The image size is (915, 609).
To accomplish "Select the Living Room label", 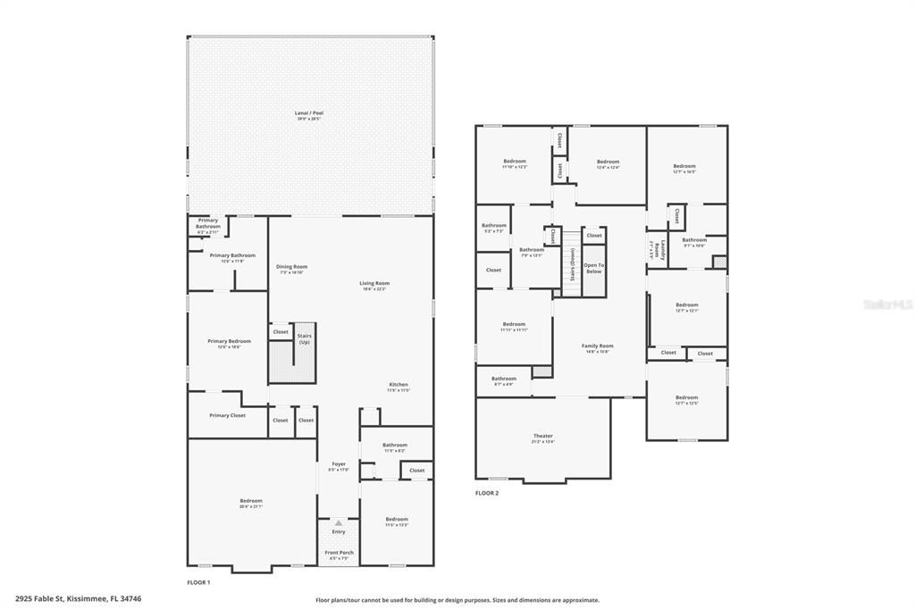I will point(375,285).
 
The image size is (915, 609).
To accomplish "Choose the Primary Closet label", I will point(227,415).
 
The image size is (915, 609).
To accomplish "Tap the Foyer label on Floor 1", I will point(339,465).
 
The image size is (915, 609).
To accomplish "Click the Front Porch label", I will point(339,554).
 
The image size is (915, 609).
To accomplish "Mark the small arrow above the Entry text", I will point(339,522).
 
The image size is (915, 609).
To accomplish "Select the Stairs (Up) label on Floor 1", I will point(305,338).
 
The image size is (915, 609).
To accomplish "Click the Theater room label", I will point(542,438).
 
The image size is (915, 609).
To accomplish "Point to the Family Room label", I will point(597,347).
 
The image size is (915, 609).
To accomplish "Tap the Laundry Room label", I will point(657,249).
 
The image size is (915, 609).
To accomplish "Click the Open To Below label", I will point(594,268).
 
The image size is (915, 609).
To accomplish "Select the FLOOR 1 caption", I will point(198,582).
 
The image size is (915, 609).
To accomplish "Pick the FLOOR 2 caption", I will point(487,493).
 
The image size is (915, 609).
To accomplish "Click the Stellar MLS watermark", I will point(888,304).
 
